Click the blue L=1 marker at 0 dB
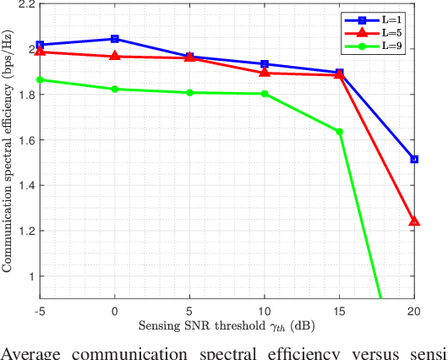click(115, 39)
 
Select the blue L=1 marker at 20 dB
click(414, 159)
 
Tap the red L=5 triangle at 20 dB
click(414, 221)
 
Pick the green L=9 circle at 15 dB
click(339, 132)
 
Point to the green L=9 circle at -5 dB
click(40, 80)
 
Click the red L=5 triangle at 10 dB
click(265, 73)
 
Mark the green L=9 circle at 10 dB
click(265, 94)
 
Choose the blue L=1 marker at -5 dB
click(40, 45)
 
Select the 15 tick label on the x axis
click(339, 310)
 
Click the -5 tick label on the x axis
click(39, 310)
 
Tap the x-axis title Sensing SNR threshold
click(227, 325)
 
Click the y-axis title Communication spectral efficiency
click(8, 152)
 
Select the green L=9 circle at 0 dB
click(115, 89)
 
